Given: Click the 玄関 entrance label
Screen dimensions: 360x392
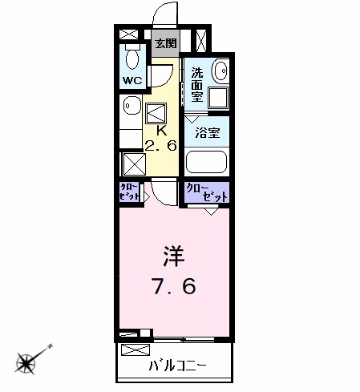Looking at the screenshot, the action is point(166,43).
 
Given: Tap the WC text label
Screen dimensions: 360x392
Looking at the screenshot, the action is point(132,80).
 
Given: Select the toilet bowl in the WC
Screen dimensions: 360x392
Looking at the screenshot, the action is point(132,57).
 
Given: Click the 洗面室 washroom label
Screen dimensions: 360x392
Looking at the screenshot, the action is point(197,85).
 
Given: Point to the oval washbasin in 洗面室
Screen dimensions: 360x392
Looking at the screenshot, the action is point(220,71).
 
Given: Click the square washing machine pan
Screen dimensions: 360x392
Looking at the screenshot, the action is point(218,98).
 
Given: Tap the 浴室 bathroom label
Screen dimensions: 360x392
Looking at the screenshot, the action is point(208,133).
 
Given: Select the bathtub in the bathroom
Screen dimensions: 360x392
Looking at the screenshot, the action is point(206,162).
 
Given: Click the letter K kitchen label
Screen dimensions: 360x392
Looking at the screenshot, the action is point(162,131).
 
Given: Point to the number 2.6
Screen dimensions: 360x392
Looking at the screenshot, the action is point(161,146).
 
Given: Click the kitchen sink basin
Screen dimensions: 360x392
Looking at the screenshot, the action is point(132,106).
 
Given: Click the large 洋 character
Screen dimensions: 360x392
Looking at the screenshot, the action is point(174,257).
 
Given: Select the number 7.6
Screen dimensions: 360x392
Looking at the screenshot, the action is point(175,286).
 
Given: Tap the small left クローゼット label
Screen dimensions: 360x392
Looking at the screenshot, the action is point(129,192).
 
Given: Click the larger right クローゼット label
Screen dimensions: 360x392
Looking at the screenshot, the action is point(207,192).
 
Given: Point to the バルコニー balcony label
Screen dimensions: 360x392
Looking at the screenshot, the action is point(178,365).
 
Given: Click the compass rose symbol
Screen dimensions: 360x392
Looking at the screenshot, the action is point(26,363).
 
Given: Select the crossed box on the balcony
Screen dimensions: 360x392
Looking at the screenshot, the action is point(136,350).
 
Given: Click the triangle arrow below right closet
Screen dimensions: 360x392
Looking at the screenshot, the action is point(212,212).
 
